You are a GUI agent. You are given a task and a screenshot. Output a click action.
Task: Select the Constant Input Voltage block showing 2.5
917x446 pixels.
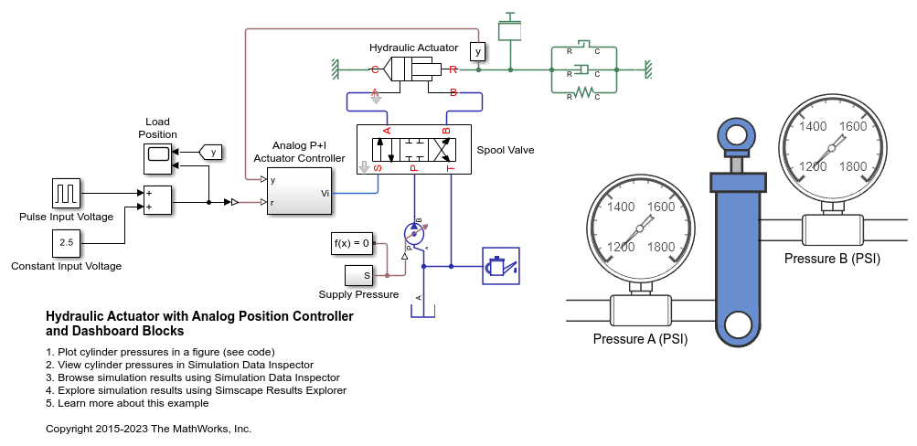click(65, 243)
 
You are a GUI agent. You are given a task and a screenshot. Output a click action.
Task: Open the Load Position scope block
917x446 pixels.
click(158, 157)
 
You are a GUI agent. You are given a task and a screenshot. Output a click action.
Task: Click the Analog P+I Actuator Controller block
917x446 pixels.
click(299, 192)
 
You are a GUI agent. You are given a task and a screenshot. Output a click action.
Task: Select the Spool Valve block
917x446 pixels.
click(413, 149)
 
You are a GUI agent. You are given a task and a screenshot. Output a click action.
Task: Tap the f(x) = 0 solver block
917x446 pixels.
click(352, 243)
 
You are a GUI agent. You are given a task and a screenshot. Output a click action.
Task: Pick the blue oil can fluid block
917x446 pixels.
click(500, 266)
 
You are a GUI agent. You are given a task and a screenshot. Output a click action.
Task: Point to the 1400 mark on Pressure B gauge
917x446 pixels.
click(812, 127)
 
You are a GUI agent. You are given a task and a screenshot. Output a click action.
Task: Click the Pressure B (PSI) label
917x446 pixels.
click(832, 259)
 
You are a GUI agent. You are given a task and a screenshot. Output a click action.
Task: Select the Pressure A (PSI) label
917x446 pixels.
click(640, 339)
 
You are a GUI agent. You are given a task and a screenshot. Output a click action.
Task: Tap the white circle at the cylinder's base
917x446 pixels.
click(737, 324)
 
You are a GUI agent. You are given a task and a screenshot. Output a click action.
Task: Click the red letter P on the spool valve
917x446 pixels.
click(413, 168)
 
